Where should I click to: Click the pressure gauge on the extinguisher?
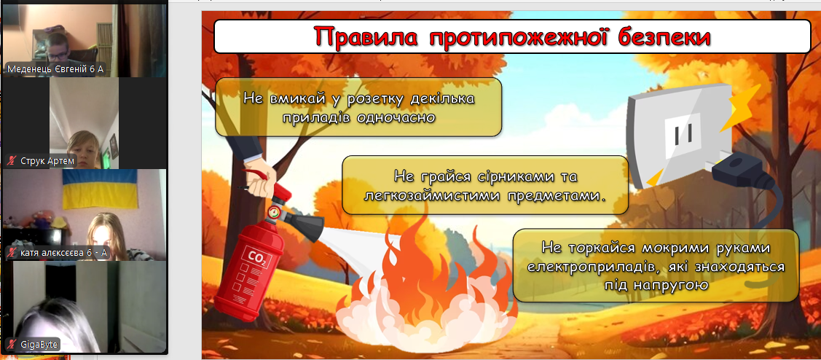tap(273, 212)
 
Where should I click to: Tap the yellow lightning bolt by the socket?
tap(739, 107)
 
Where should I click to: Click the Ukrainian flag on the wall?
tap(100, 189)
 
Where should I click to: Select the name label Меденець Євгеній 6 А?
tap(55, 69)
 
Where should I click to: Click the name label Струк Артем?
tap(42, 160)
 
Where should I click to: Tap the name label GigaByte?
tap(33, 345)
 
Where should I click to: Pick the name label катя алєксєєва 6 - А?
tap(58, 253)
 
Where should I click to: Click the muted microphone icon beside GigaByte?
tap(12, 345)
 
